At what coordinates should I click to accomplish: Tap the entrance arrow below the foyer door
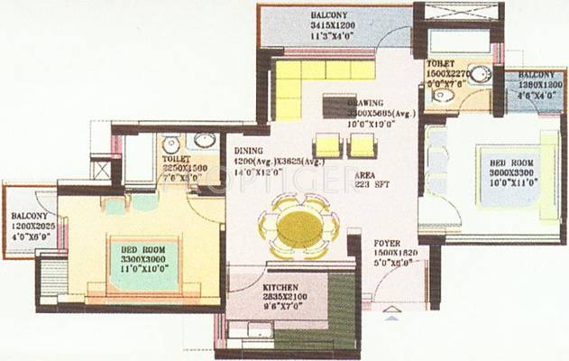[x=390, y=317]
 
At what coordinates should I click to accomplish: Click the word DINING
[x=248, y=152]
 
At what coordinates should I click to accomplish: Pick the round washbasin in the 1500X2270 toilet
[x=480, y=76]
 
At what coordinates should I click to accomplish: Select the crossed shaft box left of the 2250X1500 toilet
[x=103, y=170]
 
